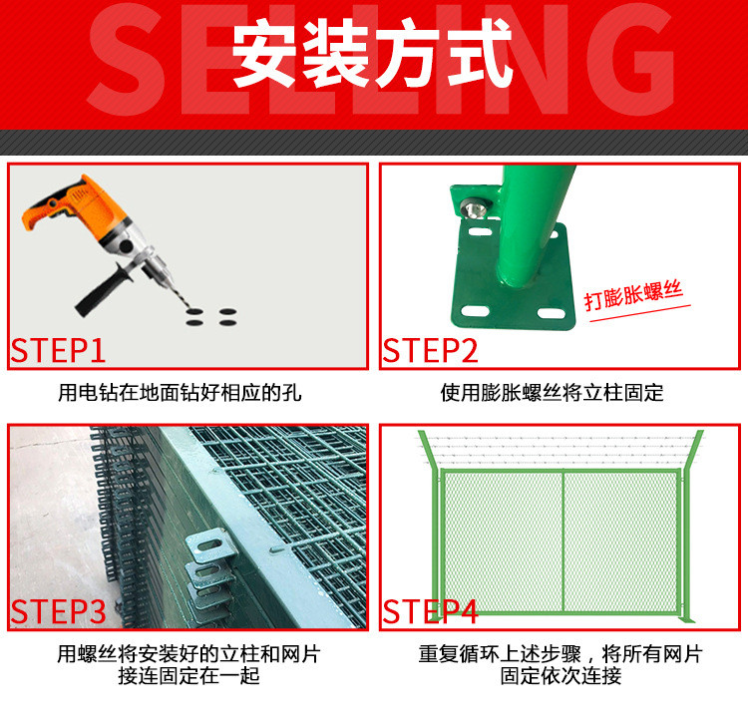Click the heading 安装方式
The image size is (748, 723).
372,54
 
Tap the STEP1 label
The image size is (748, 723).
58,351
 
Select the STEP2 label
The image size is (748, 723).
430,351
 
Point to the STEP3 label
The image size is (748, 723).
58,612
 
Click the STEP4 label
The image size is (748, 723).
430,612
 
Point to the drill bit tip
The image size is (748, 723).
187,307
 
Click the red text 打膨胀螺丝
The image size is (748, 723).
633,295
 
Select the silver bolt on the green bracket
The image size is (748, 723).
474,208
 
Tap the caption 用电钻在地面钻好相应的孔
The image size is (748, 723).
180,393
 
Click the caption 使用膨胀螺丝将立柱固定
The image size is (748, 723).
552,393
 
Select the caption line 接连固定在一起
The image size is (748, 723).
188,675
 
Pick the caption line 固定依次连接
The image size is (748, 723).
561,675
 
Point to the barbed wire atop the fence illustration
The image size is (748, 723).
561,449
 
